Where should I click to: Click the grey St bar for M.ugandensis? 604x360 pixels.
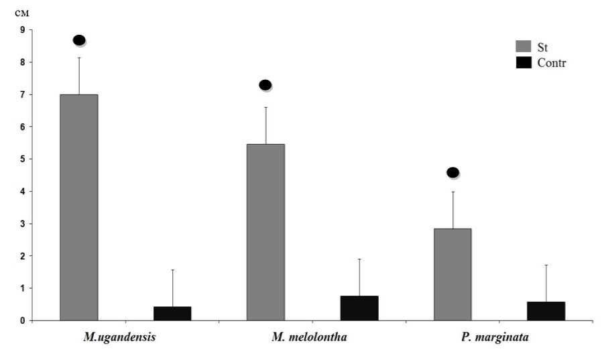click(x=79, y=207)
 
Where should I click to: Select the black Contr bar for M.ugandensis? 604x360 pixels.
click(x=172, y=313)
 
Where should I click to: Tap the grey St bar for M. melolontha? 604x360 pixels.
click(x=265, y=232)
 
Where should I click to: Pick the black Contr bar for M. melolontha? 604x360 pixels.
click(x=359, y=308)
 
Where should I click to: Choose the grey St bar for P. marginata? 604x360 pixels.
click(x=452, y=274)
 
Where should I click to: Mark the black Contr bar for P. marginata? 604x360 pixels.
click(x=546, y=310)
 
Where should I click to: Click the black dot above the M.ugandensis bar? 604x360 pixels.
click(x=79, y=40)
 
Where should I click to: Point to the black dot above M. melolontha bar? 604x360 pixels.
click(x=265, y=85)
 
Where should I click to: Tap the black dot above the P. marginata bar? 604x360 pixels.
click(x=452, y=172)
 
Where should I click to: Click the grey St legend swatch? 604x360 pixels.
click(x=524, y=46)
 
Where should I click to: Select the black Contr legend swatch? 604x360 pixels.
click(x=524, y=62)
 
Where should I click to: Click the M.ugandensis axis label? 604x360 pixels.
click(x=120, y=337)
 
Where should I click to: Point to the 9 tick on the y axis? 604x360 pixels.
click(x=22, y=30)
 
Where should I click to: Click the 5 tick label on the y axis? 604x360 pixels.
click(x=22, y=159)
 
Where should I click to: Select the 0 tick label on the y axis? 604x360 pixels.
click(x=22, y=320)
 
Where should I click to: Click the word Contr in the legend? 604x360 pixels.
click(x=552, y=63)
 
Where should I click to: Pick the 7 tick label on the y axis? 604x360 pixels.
click(x=22, y=95)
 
